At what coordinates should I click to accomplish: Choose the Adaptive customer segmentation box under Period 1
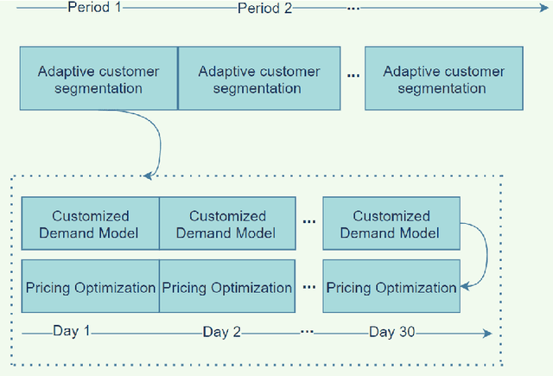98,79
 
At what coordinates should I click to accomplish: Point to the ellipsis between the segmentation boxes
353,77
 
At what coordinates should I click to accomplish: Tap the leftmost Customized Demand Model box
91,225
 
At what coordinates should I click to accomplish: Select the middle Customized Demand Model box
228,225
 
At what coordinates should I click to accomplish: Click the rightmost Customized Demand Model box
390,225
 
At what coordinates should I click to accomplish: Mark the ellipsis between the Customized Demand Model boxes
308,223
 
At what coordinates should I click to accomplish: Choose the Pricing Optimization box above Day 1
91,288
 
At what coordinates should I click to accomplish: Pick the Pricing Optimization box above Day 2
228,288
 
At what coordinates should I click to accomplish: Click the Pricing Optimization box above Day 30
390,288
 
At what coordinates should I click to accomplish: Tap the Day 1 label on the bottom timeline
72,331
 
